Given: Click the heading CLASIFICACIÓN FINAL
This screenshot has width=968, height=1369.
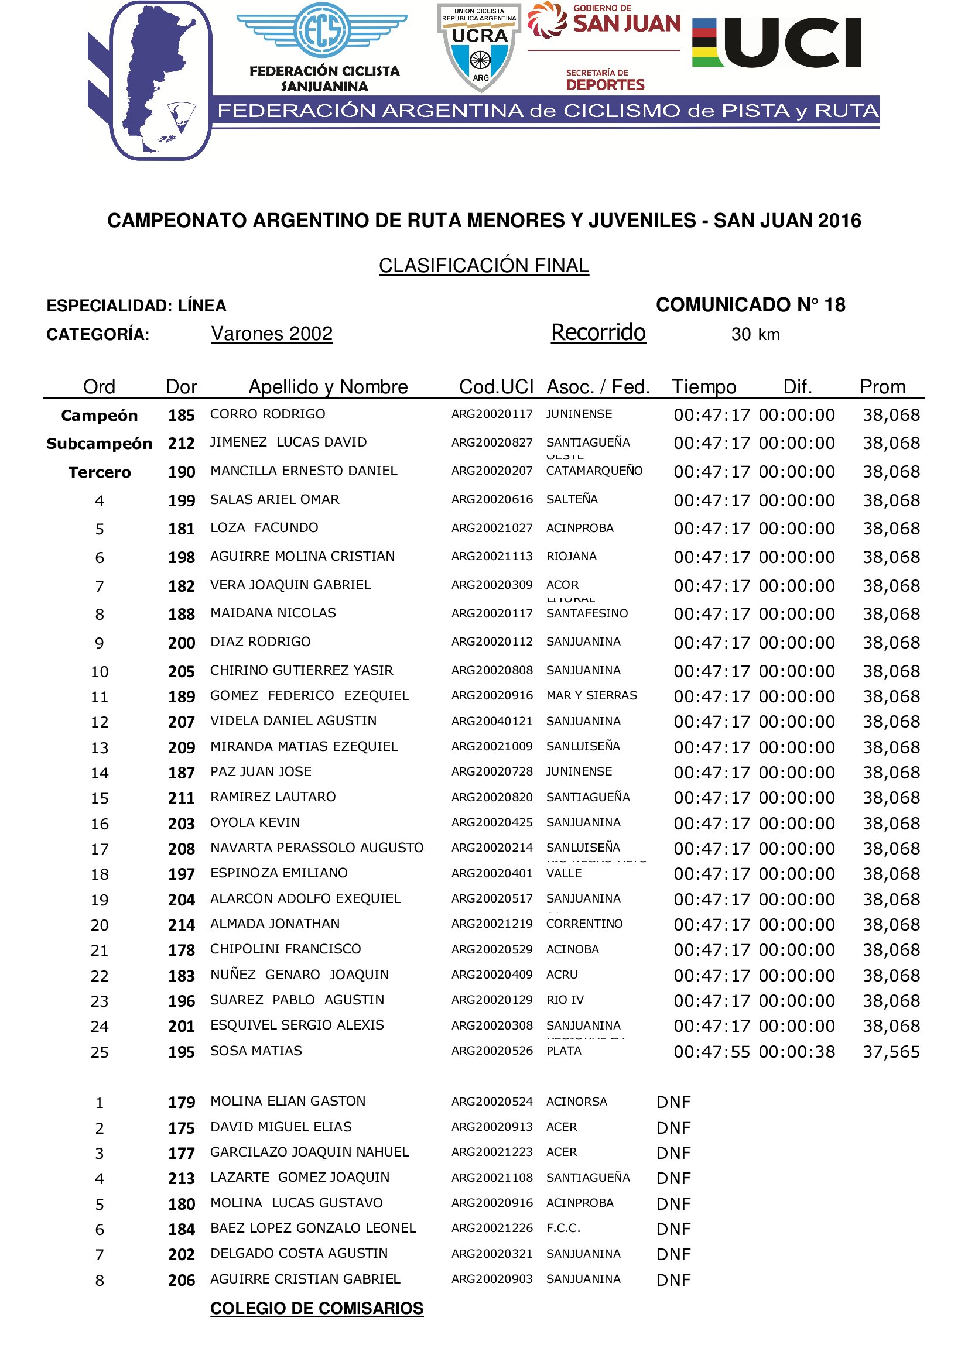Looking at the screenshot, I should pyautogui.click(x=484, y=265).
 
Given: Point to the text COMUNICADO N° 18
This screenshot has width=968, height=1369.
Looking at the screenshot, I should pyautogui.click(x=750, y=306).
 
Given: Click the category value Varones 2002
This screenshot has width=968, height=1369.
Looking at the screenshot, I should pyautogui.click(x=272, y=334).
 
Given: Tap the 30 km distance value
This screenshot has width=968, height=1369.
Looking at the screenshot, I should pyautogui.click(x=755, y=335).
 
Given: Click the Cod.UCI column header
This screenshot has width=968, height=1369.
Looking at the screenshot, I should pyautogui.click(x=496, y=387).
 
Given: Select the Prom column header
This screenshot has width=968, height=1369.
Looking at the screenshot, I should pyautogui.click(x=882, y=387).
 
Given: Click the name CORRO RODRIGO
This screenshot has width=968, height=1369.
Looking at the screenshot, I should pyautogui.click(x=268, y=414).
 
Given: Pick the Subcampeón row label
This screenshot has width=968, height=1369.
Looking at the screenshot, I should pyautogui.click(x=100, y=444).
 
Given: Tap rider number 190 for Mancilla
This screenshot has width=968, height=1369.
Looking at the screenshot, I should pyautogui.click(x=182, y=472).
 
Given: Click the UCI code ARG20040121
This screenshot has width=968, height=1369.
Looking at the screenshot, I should pyautogui.click(x=492, y=722).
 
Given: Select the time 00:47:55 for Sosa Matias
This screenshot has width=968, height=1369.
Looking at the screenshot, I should pyautogui.click(x=712, y=1052).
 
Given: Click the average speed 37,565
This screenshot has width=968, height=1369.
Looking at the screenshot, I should pyautogui.click(x=891, y=1052).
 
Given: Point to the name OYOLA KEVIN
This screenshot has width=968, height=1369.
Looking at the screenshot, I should pyautogui.click(x=255, y=823).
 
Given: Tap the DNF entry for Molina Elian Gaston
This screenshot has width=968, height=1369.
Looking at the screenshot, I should pyautogui.click(x=673, y=1102).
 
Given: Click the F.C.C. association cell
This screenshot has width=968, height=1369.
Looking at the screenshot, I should pyautogui.click(x=563, y=1229).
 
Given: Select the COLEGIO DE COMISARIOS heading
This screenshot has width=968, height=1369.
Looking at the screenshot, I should pyautogui.click(x=317, y=1308).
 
